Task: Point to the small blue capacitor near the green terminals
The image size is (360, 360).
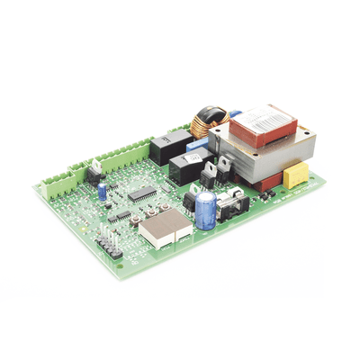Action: point(103,190)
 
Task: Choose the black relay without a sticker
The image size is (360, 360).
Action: point(169,147)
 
